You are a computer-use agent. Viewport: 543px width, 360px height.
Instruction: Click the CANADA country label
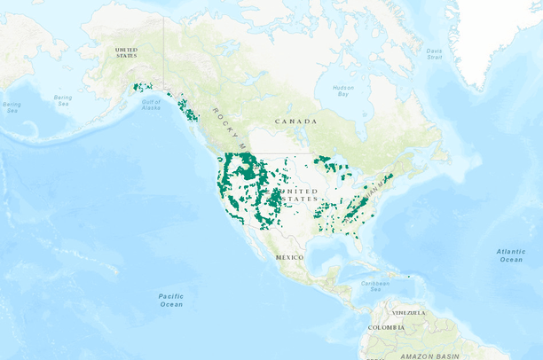pyautogui.click(x=295, y=121)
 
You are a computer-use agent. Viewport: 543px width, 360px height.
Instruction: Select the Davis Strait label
pyautogui.click(x=434, y=54)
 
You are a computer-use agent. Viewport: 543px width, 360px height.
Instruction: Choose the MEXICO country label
pyautogui.click(x=289, y=257)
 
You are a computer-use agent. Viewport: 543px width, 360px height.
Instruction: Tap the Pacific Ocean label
pyautogui.click(x=170, y=300)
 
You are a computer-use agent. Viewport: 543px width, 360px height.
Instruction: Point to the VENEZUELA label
pyautogui.click(x=410, y=313)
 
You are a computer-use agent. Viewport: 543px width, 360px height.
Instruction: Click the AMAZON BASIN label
pyautogui.click(x=429, y=356)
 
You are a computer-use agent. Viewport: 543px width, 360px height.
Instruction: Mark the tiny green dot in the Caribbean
pyautogui.click(x=408, y=277)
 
